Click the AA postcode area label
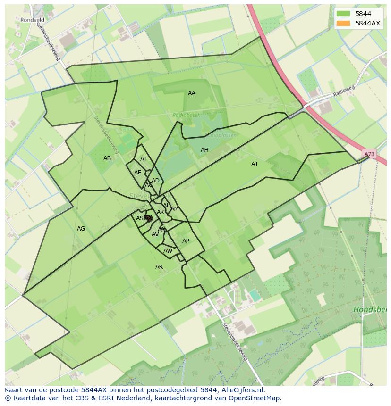pyautogui.click(x=191, y=93)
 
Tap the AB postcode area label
pyautogui.click(x=107, y=158)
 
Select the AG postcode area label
pyautogui.click(x=81, y=229)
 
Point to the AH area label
pyautogui.click(x=204, y=150)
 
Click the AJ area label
pyautogui.click(x=254, y=164)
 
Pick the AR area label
pyautogui.click(x=159, y=267)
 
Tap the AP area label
pyautogui.click(x=186, y=241)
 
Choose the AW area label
pyautogui.click(x=168, y=251)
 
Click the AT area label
pyautogui.click(x=144, y=159)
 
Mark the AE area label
pyautogui.click(x=137, y=173)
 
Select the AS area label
pyautogui.click(x=139, y=218)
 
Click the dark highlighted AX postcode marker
pyautogui.click(x=148, y=218)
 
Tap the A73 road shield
pyautogui.click(x=369, y=154)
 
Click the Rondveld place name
pyautogui.click(x=32, y=20)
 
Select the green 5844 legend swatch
pyautogui.click(x=343, y=14)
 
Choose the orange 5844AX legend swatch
pyautogui.click(x=343, y=23)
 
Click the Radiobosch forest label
pyautogui.click(x=187, y=115)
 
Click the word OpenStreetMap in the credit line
pyautogui.click(x=255, y=398)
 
